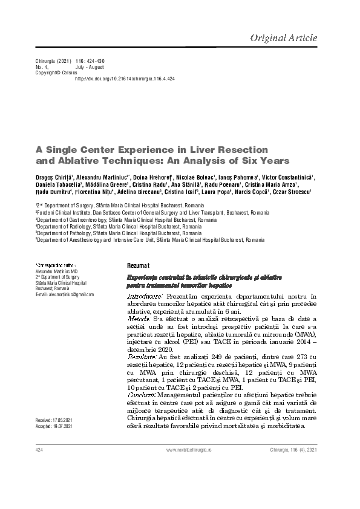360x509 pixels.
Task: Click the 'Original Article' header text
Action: coord(283,37)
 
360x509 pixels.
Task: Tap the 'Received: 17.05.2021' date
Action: coord(54,419)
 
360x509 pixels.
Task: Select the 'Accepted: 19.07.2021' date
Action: coord(54,426)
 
